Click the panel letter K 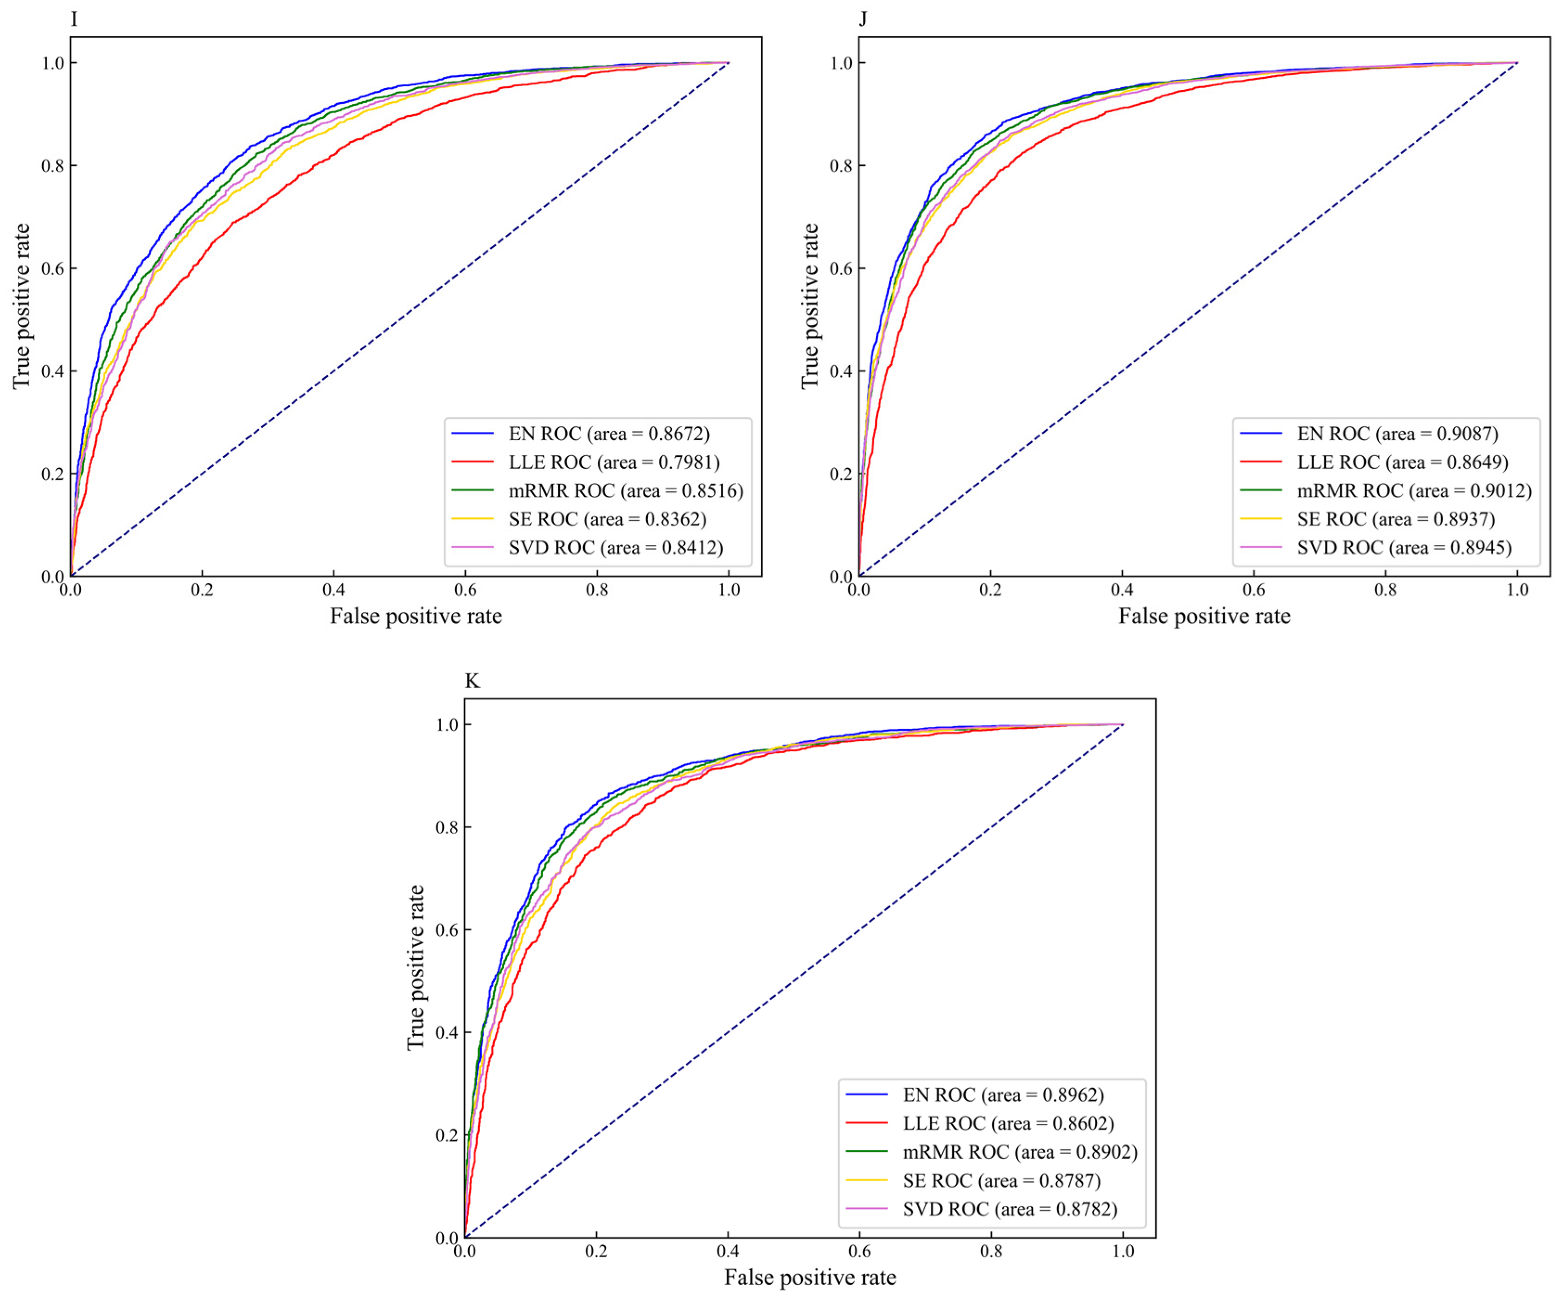(x=472, y=680)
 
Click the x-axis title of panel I (x=416, y=616)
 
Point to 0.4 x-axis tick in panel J (x=1122, y=590)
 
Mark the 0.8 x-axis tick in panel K (x=991, y=1252)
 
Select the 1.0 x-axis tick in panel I (x=729, y=590)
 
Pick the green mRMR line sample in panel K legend (x=867, y=1152)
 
